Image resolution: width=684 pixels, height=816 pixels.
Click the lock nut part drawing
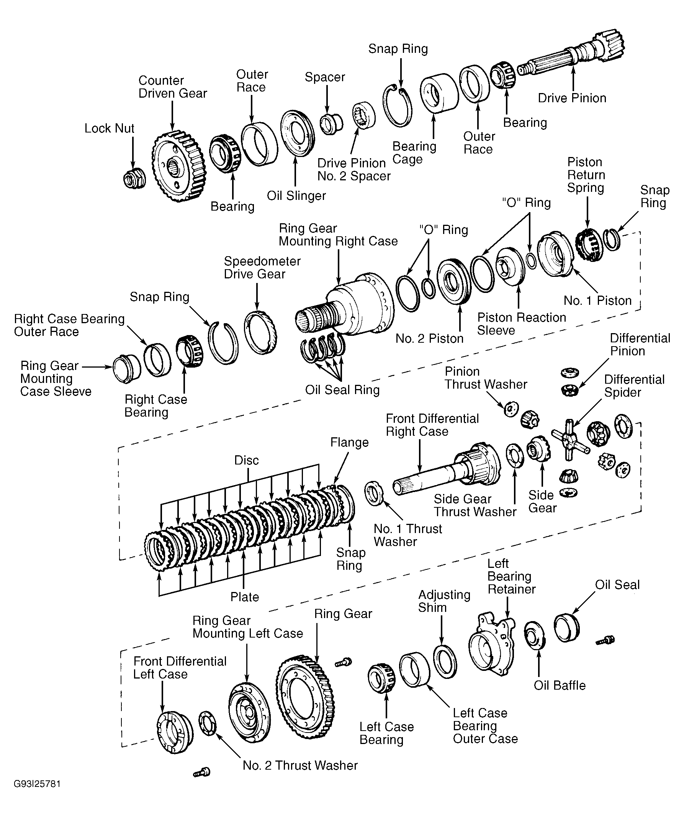[x=134, y=179]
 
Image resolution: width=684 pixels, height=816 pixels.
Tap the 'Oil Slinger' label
[x=296, y=196]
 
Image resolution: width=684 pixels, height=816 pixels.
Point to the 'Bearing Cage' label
[x=414, y=153]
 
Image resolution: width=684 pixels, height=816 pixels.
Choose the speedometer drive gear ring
[x=260, y=332]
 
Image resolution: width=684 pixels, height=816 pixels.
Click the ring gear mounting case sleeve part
[x=127, y=368]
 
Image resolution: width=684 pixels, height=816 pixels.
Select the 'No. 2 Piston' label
[x=429, y=339]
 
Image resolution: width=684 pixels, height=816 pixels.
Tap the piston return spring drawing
[x=589, y=244]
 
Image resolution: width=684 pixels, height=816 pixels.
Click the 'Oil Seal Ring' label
[x=342, y=390]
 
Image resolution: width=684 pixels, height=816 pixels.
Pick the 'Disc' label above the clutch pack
[x=246, y=460]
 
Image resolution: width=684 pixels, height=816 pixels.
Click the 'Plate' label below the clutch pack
[x=244, y=597]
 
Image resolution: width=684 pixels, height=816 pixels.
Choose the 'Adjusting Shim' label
[x=444, y=601]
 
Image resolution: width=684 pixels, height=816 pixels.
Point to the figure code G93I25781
[x=37, y=784]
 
